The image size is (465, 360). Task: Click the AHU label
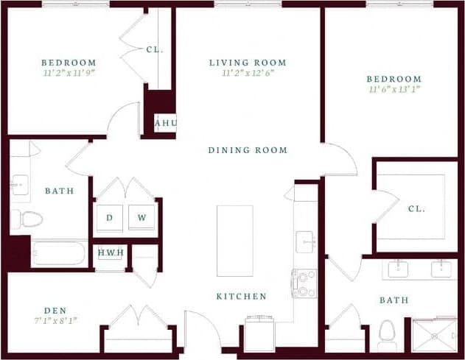[165, 123]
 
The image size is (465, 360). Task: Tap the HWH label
[111, 253]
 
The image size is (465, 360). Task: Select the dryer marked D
[110, 218]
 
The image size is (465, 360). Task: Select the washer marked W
[141, 218]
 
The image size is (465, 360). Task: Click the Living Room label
[247, 63]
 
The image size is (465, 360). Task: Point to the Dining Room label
[248, 150]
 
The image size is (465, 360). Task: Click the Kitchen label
[241, 297]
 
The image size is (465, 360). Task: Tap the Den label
[55, 310]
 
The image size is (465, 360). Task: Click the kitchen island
[234, 241]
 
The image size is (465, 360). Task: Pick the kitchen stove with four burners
[304, 283]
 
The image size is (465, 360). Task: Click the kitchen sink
[306, 241]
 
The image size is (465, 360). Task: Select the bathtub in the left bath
[59, 254]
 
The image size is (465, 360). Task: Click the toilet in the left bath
[27, 219]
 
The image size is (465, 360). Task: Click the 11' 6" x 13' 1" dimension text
[395, 90]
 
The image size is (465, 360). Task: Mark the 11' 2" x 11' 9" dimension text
[69, 73]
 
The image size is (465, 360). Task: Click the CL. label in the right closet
[416, 208]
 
